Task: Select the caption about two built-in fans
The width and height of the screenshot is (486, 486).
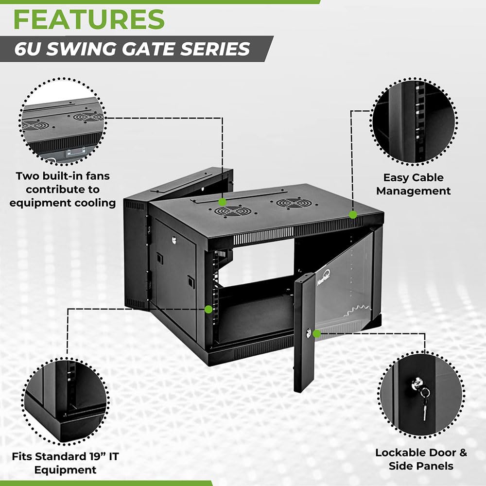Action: [62, 189]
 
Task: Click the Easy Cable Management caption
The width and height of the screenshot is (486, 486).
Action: [413, 184]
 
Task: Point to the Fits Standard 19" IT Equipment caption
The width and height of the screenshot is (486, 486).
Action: [66, 463]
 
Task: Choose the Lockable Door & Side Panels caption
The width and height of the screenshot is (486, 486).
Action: [421, 459]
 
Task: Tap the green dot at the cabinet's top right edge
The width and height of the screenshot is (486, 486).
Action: [353, 214]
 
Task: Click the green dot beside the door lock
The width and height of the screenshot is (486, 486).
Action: [317, 333]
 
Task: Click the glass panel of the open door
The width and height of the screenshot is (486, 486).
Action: [345, 287]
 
